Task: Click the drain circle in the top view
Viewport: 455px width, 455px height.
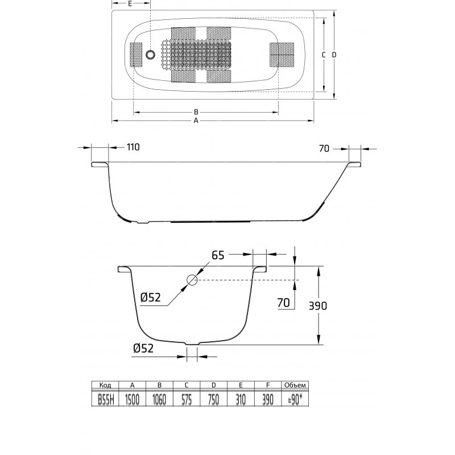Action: pyautogui.click(x=150, y=55)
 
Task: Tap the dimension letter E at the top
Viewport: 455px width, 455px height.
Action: pyautogui.click(x=130, y=3)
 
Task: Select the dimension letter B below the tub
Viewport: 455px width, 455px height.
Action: pyautogui.click(x=196, y=112)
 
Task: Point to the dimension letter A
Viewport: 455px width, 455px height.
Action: pyautogui.click(x=196, y=121)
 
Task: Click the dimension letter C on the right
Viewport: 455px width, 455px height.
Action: pyautogui.click(x=324, y=55)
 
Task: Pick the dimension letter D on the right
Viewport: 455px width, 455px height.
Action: pyautogui.click(x=334, y=55)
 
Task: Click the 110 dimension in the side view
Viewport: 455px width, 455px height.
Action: pyautogui.click(x=133, y=147)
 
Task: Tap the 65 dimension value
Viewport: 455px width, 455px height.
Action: pyautogui.click(x=218, y=255)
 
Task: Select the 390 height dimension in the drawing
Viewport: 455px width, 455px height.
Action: pyautogui.click(x=318, y=305)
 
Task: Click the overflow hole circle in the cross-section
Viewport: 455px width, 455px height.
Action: pyautogui.click(x=192, y=280)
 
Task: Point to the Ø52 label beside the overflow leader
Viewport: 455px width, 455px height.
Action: pyautogui.click(x=151, y=297)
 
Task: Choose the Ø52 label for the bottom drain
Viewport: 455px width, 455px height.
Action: pyautogui.click(x=143, y=348)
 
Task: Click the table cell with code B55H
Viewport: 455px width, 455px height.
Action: pyautogui.click(x=105, y=400)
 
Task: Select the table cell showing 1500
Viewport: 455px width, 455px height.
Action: pyautogui.click(x=133, y=400)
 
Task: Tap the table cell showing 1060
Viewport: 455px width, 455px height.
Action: pyautogui.click(x=159, y=400)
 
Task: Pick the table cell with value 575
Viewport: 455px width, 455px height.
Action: pyautogui.click(x=187, y=400)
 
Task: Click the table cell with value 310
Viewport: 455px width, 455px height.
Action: pyautogui.click(x=241, y=400)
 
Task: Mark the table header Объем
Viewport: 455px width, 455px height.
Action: pyautogui.click(x=295, y=386)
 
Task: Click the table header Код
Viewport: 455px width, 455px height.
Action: pyautogui.click(x=105, y=386)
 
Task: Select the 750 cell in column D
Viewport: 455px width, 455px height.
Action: pyautogui.click(x=214, y=400)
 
